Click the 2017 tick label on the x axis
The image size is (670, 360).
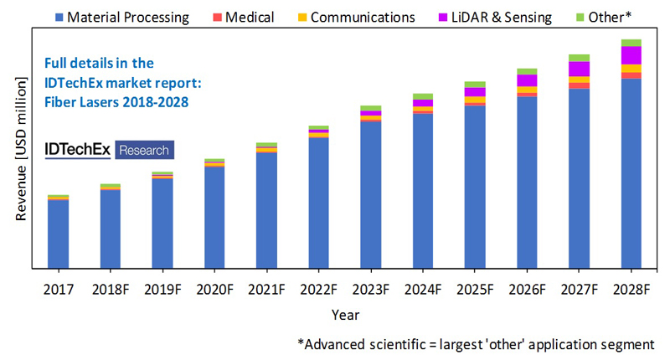click(58, 290)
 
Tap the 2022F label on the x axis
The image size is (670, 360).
click(318, 290)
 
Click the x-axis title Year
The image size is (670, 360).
click(344, 316)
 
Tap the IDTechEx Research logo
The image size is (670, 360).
click(106, 150)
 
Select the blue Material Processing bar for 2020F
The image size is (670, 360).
click(214, 218)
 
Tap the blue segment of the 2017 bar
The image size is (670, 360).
click(58, 234)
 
